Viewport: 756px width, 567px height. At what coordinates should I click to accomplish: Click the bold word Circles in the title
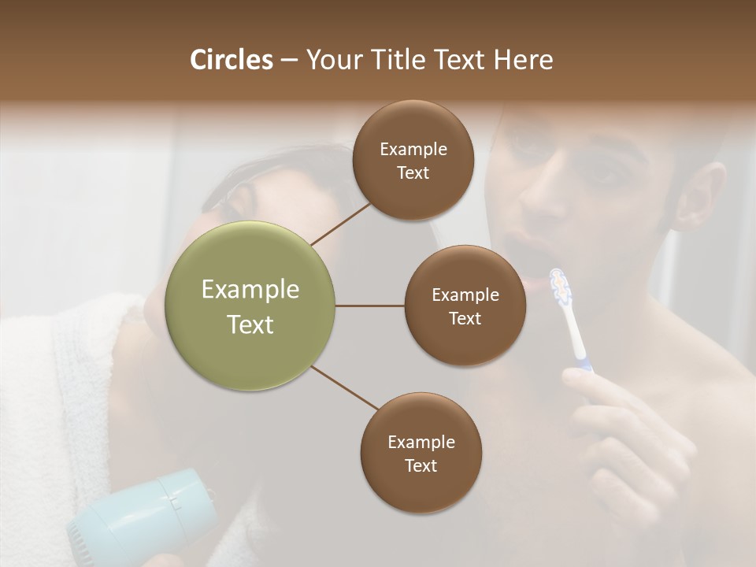point(232,60)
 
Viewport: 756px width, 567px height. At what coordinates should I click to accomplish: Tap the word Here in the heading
point(523,60)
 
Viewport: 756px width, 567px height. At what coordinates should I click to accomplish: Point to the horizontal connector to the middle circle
point(369,306)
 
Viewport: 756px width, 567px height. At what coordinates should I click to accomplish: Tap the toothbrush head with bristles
point(559,286)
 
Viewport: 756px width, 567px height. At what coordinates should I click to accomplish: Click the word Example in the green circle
point(250,290)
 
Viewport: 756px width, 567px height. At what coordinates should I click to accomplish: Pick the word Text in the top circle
point(413,173)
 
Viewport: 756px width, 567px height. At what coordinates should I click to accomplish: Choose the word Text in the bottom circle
point(421,465)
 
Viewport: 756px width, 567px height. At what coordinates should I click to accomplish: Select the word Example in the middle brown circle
point(465,295)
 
